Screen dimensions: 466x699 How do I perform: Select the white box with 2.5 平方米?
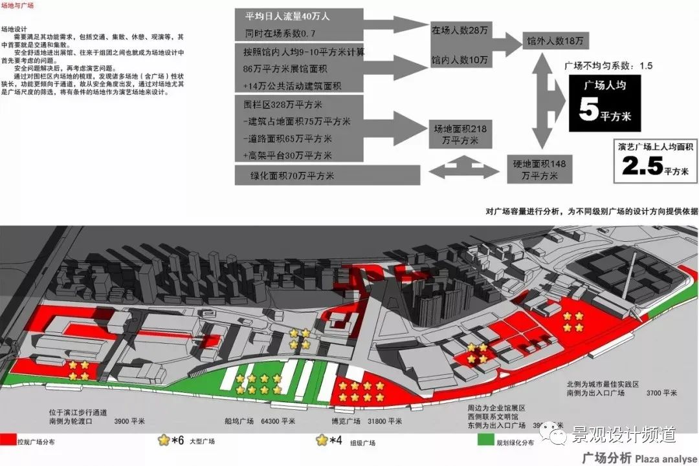654,160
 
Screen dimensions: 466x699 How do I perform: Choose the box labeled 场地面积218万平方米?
460,134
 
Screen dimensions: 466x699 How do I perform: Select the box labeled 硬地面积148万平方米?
540,170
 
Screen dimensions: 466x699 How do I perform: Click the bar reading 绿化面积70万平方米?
327,175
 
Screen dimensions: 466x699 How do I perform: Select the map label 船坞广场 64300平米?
257,421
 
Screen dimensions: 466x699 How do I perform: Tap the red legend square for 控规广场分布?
8,441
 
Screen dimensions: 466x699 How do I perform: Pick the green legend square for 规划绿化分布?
486,441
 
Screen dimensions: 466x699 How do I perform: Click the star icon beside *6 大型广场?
164,441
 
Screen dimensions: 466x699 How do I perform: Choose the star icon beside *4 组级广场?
321,441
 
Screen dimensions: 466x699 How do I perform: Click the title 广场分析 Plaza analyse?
637,458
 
